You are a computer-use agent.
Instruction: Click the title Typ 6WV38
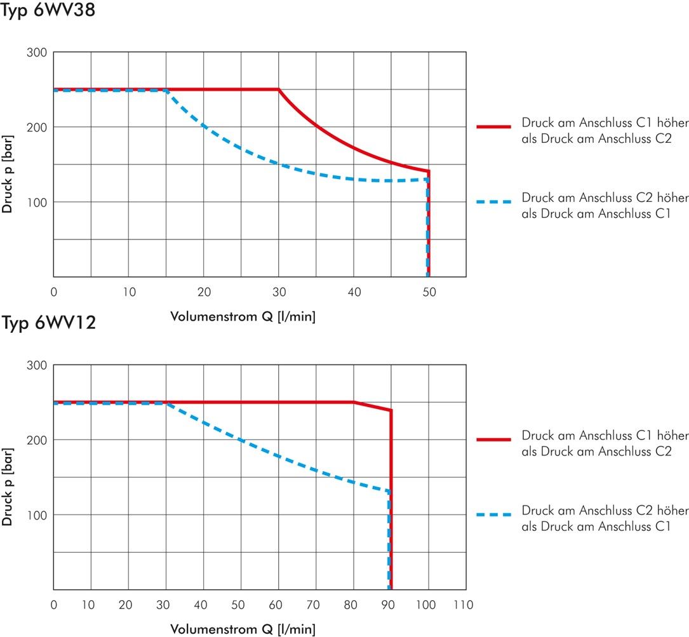pos(48,10)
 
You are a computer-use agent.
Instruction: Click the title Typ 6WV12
pos(48,323)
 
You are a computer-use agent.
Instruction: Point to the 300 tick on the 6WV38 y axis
pos(36,52)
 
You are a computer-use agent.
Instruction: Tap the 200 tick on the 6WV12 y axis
pos(36,440)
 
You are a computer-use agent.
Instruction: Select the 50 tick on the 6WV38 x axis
pos(429,292)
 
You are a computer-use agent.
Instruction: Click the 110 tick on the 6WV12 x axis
pos(463,605)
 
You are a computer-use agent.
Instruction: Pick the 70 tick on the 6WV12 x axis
pos(313,605)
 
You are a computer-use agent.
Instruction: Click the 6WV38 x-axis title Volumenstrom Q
pos(243,316)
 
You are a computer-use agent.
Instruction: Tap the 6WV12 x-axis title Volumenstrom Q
pos(243,629)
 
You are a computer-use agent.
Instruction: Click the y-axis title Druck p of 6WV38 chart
pos(8,174)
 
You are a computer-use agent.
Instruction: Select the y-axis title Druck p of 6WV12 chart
pos(8,487)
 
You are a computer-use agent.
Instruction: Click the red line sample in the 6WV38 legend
pos(494,126)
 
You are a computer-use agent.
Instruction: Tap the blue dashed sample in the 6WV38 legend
pos(494,202)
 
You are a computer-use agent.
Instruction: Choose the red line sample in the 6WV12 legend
pos(494,439)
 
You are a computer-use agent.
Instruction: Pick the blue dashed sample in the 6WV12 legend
pos(494,514)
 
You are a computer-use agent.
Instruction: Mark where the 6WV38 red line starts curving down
pos(279,90)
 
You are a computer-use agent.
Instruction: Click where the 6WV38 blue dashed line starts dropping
pos(166,90)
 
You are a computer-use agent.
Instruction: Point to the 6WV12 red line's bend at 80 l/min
pos(353,402)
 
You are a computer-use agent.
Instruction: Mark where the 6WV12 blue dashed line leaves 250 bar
pos(166,403)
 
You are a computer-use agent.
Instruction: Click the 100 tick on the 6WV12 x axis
pos(425,605)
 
